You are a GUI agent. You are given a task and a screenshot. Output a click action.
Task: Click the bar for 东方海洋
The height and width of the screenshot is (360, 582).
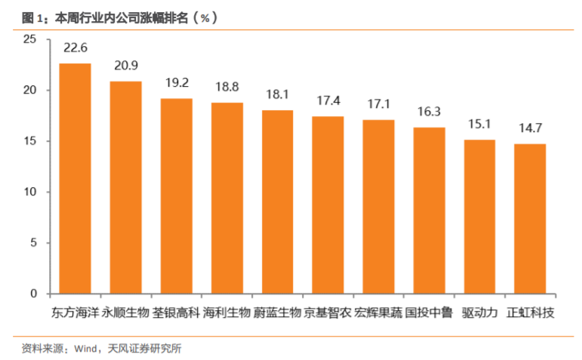tap(75, 178)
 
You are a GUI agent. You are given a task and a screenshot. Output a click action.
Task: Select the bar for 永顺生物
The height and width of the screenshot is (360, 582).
tap(126, 187)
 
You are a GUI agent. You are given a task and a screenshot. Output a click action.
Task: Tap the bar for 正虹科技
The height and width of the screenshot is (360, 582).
tap(530, 219)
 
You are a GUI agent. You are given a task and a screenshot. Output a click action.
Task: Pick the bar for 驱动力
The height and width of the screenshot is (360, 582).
tap(479, 217)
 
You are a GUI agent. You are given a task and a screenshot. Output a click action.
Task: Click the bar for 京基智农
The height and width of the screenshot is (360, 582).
tap(328, 205)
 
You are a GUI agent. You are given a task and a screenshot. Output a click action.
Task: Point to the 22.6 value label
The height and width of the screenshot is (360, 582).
tap(75, 48)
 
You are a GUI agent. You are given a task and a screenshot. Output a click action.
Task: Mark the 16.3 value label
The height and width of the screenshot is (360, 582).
tap(429, 112)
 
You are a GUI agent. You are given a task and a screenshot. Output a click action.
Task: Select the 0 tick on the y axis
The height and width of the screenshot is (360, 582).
tap(32, 294)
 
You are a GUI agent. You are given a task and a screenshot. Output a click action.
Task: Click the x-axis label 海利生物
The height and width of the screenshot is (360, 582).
tap(226, 312)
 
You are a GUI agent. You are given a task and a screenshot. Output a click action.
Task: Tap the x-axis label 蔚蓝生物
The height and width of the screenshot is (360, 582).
tap(277, 312)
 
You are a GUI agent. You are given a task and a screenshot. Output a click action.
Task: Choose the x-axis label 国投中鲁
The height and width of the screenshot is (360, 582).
tap(429, 312)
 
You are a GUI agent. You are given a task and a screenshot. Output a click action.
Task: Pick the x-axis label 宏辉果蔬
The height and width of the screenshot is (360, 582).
tap(378, 312)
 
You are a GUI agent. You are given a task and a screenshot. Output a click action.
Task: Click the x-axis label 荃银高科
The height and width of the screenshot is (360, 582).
tap(177, 312)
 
